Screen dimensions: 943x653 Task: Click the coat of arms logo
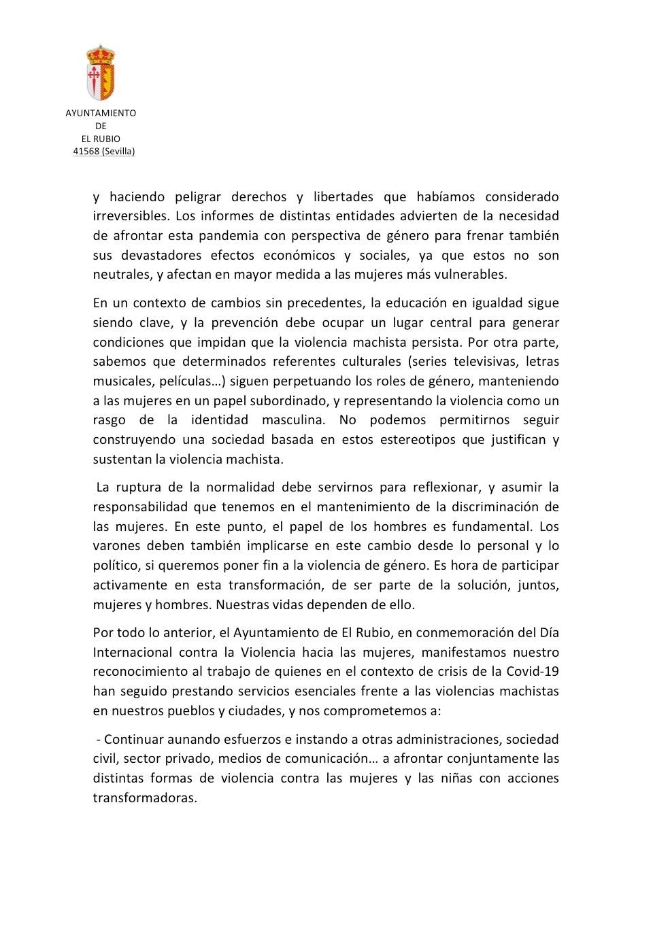[101, 73]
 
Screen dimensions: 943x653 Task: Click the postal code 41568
[86, 152]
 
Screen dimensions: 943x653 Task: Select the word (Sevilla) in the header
[118, 152]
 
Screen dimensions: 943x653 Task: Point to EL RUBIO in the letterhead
[101, 139]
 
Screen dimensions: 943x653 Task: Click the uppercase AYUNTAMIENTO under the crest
[101, 113]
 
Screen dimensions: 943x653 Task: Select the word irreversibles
[131, 216]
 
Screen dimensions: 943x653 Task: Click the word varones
[116, 546]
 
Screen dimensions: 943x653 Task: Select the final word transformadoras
[145, 798]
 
